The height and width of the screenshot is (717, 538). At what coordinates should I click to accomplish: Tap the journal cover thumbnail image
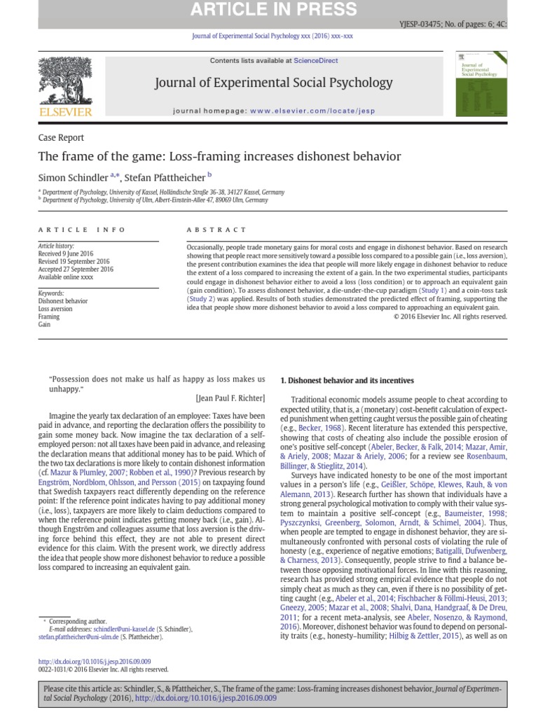coord(481,83)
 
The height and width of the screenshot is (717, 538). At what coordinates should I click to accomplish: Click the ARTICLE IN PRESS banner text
coord(269,10)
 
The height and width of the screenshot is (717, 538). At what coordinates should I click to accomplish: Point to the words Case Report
coord(61,138)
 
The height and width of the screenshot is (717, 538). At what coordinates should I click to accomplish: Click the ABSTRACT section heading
coord(216,230)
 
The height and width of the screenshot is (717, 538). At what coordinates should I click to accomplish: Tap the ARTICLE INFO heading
coord(82,230)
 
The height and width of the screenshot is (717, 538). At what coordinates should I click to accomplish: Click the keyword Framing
coord(49,316)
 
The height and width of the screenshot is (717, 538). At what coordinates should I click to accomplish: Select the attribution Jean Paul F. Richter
coord(231,398)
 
